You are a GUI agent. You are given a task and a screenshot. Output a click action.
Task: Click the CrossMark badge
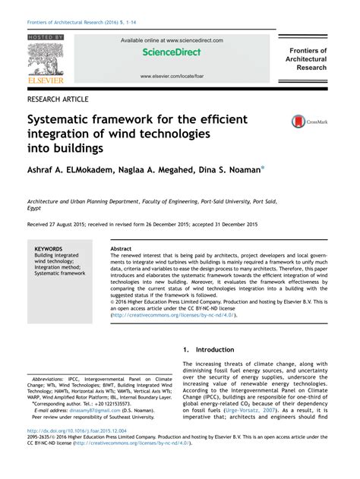(302, 121)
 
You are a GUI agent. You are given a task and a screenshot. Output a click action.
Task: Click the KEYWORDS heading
(49, 248)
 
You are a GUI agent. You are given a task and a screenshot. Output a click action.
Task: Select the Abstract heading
(121, 248)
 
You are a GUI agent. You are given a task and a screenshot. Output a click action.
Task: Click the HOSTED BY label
(46, 37)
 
